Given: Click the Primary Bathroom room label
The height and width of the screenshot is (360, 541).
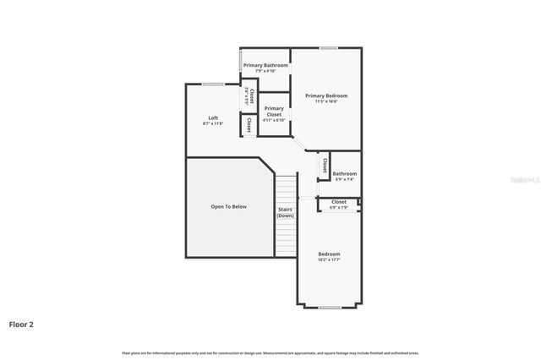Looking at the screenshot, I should coord(265,65).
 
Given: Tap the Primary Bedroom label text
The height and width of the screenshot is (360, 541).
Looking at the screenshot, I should coord(326,95).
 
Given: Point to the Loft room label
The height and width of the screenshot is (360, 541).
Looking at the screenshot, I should coord(214,117).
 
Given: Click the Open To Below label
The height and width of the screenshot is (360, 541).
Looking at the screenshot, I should coord(228,206).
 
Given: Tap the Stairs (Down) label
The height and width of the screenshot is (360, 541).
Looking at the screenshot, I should coord(285,212).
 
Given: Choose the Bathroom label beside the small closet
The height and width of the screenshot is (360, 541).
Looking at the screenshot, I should coord(344,173).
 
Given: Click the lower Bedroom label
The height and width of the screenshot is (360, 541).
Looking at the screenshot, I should coord(329,254).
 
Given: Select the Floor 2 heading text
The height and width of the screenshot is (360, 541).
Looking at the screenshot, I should coord(21,324).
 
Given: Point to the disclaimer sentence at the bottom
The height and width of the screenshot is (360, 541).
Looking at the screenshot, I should coord(270,352).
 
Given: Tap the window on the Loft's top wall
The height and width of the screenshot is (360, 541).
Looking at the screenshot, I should coord(213,83).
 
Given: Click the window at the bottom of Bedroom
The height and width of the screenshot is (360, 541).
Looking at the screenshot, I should coord(329,306).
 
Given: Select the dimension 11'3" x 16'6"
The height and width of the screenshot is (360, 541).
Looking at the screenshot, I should coord(326,101).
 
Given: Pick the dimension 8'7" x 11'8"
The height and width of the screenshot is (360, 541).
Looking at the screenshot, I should coord(214,123).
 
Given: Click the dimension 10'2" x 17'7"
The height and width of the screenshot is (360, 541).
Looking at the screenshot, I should coord(329,259).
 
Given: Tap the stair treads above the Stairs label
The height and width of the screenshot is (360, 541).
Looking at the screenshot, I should coord(286,188).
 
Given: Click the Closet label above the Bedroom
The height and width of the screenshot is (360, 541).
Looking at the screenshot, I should coord(338,201).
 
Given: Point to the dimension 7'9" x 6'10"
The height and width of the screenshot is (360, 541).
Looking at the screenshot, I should coord(265,71).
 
